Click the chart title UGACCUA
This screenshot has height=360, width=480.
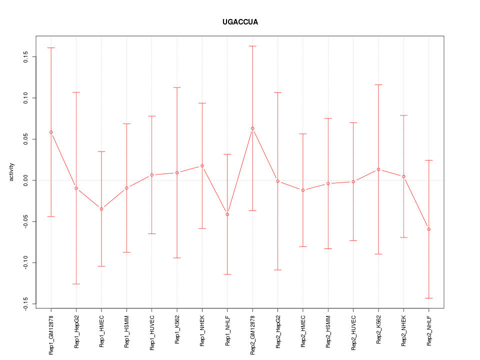pos(240,22)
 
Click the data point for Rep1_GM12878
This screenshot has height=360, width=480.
pos(51,132)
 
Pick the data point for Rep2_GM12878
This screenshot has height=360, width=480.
pos(252,128)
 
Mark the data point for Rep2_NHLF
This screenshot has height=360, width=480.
pos(429,229)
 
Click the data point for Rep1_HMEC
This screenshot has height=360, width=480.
pos(101,208)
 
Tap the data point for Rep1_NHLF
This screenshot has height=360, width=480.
pos(227,214)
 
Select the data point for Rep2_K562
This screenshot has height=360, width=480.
pos(378,169)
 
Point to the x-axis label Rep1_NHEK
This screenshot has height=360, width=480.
pos(202,331)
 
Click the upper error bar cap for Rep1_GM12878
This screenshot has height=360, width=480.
pos(51,47)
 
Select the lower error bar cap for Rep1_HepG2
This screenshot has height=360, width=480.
pos(76,284)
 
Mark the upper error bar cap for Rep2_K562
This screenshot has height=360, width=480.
pos(378,85)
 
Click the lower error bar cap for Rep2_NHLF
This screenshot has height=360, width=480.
pos(429,298)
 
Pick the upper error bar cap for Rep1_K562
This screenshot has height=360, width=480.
pos(177,87)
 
